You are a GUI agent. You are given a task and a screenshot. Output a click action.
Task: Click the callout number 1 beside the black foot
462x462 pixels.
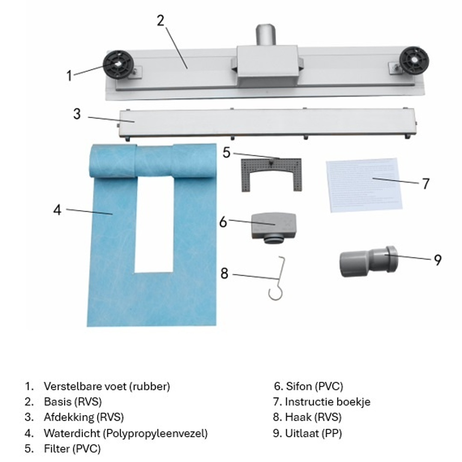(x=69, y=76)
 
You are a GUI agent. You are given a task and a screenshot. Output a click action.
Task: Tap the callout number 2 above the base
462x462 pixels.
(x=160, y=20)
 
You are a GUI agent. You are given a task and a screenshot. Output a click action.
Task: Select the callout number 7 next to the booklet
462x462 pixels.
(x=425, y=184)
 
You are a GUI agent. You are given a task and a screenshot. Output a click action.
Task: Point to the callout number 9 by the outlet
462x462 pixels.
(x=437, y=260)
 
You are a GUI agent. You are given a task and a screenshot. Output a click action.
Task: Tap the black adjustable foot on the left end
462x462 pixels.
(x=118, y=65)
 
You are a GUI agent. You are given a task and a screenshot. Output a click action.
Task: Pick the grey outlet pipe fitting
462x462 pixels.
(x=367, y=261)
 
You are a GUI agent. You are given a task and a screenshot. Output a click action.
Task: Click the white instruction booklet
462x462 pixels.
(x=364, y=185)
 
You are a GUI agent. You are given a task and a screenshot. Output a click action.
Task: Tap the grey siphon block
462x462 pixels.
(x=274, y=226)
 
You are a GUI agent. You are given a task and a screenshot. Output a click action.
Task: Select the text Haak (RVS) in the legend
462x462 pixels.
(x=313, y=417)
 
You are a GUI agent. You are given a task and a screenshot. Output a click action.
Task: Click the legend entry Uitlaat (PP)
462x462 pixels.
(x=314, y=433)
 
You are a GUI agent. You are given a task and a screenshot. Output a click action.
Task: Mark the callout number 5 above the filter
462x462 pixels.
(x=227, y=153)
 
